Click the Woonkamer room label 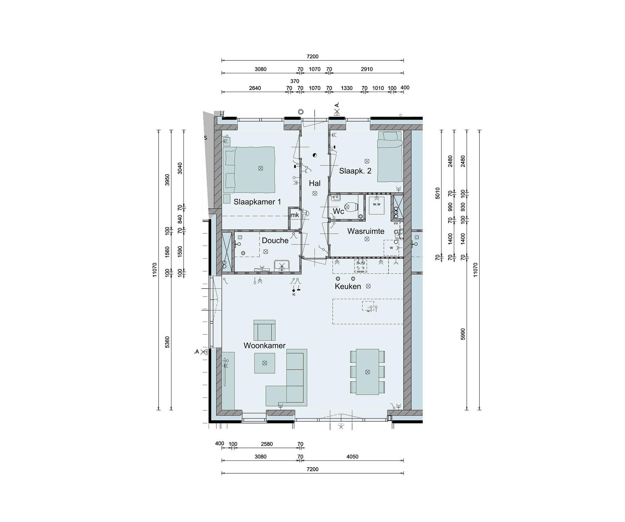(264, 346)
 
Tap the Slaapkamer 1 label (257, 202)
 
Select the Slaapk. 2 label (355, 171)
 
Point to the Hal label (315, 183)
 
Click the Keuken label (348, 286)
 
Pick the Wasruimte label (366, 231)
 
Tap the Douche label (275, 240)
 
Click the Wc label (338, 211)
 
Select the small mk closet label (295, 215)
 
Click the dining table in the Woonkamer (368, 372)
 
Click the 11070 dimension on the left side (155, 270)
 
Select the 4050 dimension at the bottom (352, 456)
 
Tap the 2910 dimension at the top (367, 69)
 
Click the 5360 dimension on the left (167, 342)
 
